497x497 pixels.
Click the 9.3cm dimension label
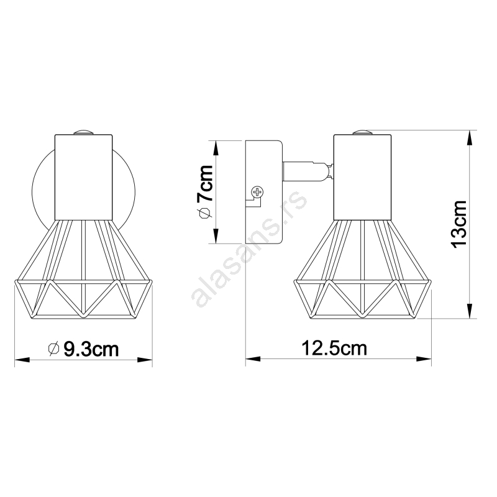(91, 349)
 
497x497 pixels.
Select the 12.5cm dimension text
(334, 348)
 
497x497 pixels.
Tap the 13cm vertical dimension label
(460, 224)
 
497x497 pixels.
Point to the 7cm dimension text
(205, 183)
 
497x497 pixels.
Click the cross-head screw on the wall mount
(257, 192)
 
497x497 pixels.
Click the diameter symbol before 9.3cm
(53, 349)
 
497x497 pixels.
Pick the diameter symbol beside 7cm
(205, 213)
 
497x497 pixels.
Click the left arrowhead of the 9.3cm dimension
(22, 360)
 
